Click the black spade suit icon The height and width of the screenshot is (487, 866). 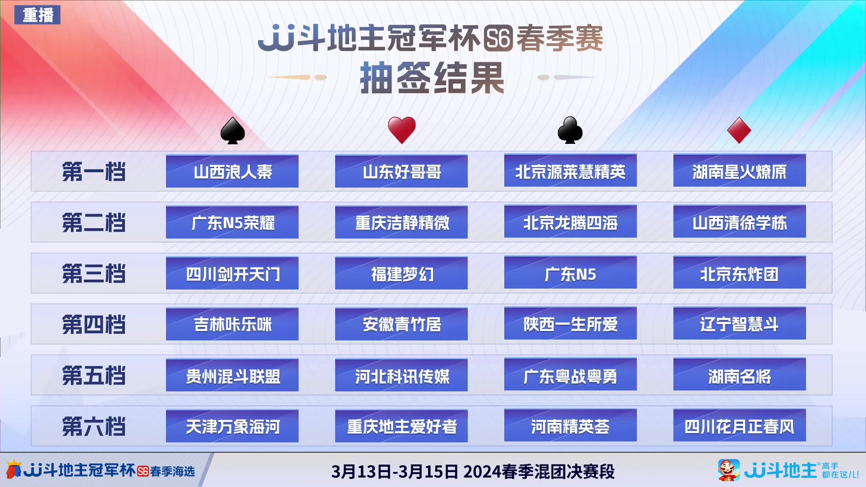click(x=232, y=131)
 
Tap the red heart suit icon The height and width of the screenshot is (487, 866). click(x=401, y=130)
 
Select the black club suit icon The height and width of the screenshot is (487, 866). click(x=570, y=130)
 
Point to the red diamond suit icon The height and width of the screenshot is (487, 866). click(x=739, y=130)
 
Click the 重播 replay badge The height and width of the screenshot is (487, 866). click(x=38, y=15)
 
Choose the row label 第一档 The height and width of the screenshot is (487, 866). click(x=94, y=172)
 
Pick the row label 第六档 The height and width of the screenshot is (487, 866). click(x=94, y=426)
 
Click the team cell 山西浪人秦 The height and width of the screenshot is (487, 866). click(x=232, y=171)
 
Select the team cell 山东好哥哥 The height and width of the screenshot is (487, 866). click(x=401, y=171)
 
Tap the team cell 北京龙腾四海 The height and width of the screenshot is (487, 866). click(x=570, y=222)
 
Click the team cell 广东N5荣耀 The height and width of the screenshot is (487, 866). click(x=232, y=222)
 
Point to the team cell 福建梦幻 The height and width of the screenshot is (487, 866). click(x=401, y=273)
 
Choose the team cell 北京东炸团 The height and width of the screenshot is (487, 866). click(x=739, y=273)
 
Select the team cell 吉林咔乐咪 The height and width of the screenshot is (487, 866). click(x=232, y=324)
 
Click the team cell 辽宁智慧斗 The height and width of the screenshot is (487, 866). click(x=739, y=324)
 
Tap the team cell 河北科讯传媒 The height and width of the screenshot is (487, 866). click(x=401, y=375)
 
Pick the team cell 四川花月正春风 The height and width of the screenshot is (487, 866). click(x=739, y=426)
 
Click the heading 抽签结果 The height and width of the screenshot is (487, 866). click(x=432, y=78)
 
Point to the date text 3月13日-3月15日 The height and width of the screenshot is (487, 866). click(x=395, y=472)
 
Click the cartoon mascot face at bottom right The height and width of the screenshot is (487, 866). click(x=728, y=470)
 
